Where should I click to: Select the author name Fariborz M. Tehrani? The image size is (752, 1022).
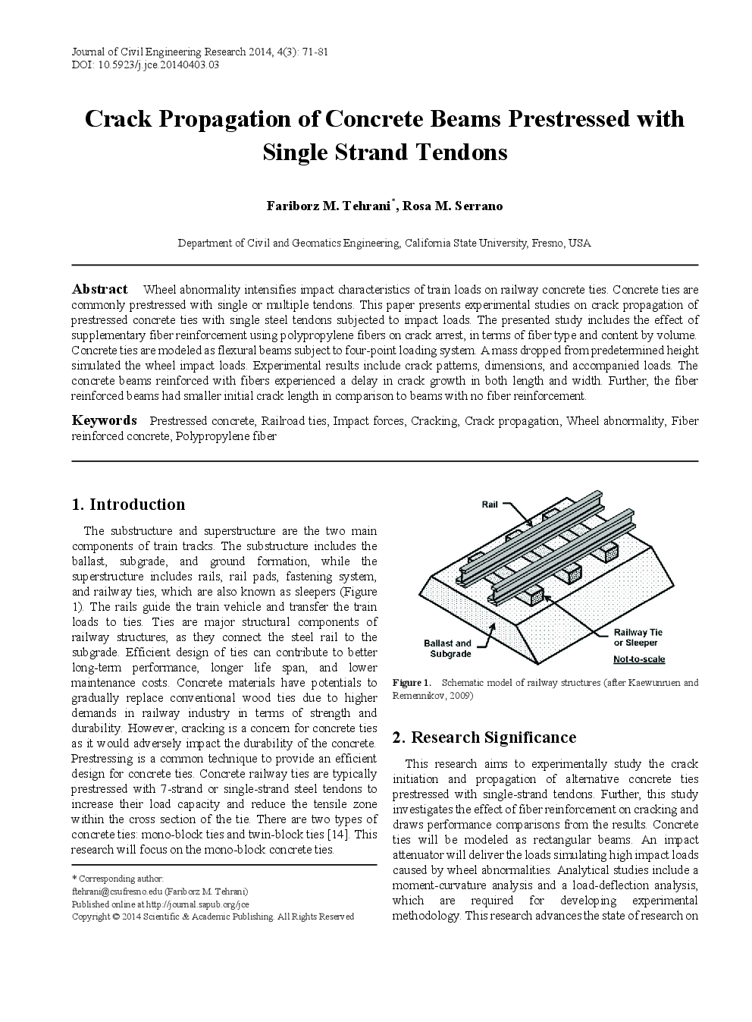click(x=328, y=206)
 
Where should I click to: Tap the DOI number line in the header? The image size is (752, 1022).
click(x=146, y=65)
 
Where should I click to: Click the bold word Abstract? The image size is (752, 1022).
click(x=99, y=289)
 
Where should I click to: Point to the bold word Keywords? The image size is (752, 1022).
click(x=104, y=420)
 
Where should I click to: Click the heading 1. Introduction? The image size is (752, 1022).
click(x=128, y=505)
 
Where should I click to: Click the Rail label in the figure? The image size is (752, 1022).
click(x=490, y=505)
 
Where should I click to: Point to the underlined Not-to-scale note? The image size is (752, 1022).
click(x=639, y=659)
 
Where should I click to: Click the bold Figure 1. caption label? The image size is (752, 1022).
click(x=411, y=683)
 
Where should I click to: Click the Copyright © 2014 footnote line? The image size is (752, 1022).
click(x=212, y=917)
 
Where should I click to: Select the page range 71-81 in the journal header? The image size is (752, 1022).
click(x=312, y=52)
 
